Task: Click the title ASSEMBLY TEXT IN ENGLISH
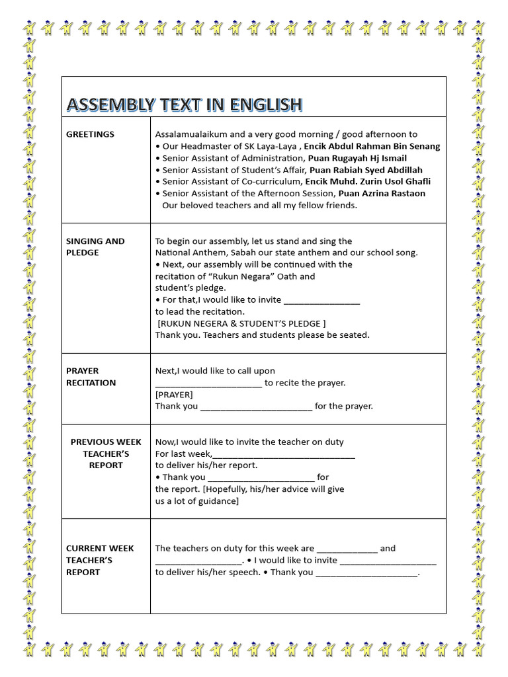tap(184, 104)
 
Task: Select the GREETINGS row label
tap(90, 134)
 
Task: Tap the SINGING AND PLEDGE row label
tap(95, 247)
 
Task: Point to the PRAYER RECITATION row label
tap(91, 377)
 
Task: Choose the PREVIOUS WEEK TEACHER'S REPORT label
tap(106, 454)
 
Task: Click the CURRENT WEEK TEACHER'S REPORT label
tap(100, 560)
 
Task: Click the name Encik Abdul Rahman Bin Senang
tap(372, 146)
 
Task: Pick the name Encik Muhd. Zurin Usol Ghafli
tap(368, 181)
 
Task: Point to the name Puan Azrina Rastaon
tap(382, 193)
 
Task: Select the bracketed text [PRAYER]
tap(174, 394)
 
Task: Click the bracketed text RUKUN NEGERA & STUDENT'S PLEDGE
tap(241, 323)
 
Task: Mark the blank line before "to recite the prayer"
tap(208, 383)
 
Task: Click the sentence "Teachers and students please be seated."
tap(286, 335)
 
